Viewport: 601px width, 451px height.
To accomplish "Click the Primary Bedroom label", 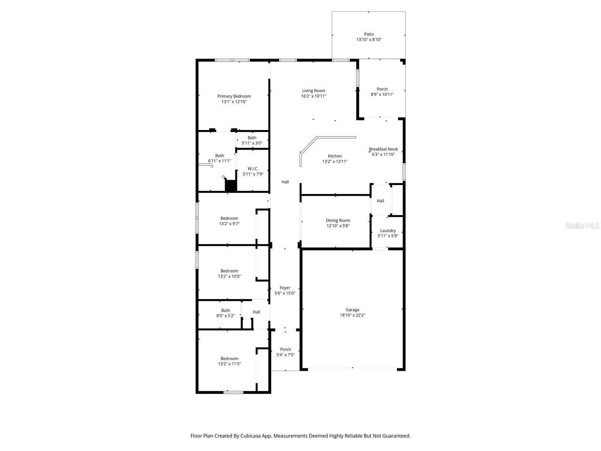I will point(234,97).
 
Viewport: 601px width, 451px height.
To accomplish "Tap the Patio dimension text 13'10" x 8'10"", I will point(369,39).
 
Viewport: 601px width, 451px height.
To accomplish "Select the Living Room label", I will point(313,91).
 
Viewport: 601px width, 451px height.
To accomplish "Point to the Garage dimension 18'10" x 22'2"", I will point(352,315).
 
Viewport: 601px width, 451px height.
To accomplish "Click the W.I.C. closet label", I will point(253,169).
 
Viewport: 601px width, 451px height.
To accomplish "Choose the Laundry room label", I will point(388,231).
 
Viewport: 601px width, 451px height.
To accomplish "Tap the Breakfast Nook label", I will point(383,149).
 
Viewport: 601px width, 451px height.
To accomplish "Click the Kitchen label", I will point(335,156).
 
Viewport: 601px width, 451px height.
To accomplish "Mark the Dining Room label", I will point(338,221).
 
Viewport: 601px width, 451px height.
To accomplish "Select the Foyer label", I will point(285,288).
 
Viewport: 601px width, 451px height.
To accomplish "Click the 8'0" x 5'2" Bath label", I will point(225,310).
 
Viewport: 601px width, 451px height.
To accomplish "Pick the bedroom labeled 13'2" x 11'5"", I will point(229,359).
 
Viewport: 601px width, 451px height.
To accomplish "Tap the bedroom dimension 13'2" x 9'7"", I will point(229,224).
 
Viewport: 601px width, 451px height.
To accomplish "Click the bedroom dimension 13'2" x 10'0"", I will point(229,276).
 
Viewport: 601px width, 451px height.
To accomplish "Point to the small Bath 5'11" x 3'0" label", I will point(252,138).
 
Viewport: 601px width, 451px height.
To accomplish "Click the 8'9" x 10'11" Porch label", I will point(382,89).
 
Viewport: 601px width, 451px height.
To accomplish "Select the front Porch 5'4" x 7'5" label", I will point(285,350).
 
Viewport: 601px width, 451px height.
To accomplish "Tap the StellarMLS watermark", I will point(583,225).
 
